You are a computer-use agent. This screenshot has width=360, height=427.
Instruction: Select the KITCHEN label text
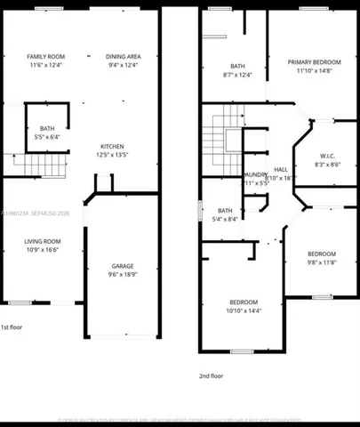coord(111,146)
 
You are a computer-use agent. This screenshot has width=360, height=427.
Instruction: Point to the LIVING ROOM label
coord(42,241)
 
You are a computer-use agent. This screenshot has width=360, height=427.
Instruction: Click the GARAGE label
coord(123,266)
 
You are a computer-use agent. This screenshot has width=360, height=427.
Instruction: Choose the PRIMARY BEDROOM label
coord(315,61)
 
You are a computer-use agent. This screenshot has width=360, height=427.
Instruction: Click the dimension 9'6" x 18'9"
coord(123,275)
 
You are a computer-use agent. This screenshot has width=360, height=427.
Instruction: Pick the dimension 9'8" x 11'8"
coord(322,262)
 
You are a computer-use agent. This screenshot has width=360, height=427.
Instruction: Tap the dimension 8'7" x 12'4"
coord(236,75)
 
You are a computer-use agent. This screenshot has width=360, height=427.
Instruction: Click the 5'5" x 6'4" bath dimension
coord(46,137)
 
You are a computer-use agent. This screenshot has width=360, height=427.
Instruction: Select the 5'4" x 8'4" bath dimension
coord(224,219)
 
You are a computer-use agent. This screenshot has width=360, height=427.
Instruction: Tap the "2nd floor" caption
coord(211,375)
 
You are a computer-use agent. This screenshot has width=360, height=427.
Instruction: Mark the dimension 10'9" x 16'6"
coord(42,250)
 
